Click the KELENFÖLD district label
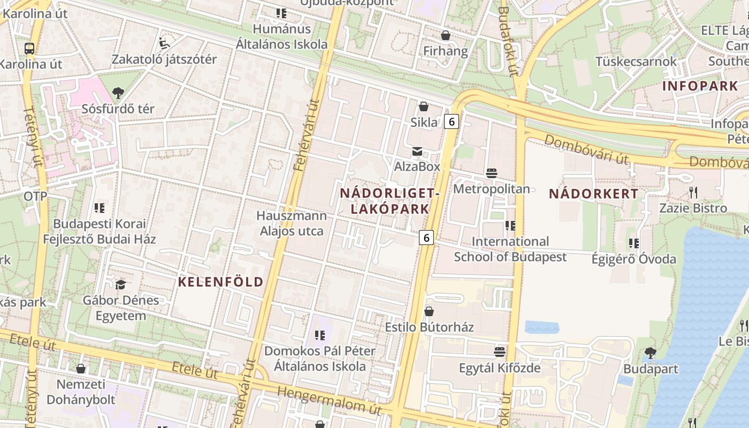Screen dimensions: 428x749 pyautogui.click(x=220, y=282)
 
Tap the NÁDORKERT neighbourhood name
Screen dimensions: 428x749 pyautogui.click(x=593, y=194)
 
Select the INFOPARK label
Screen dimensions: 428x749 pyautogui.click(x=700, y=86)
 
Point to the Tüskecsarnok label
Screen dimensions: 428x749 pyautogui.click(x=636, y=62)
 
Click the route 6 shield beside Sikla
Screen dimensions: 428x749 pyautogui.click(x=452, y=121)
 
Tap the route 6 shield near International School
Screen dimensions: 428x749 pyautogui.click(x=426, y=237)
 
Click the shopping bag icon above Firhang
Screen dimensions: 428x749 pyautogui.click(x=445, y=36)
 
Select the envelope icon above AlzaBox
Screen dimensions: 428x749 pyautogui.click(x=417, y=152)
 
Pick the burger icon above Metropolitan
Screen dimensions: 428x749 pyautogui.click(x=491, y=173)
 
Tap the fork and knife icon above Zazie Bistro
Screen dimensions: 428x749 pyautogui.click(x=693, y=192)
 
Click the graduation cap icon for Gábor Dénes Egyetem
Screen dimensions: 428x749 pyautogui.click(x=120, y=285)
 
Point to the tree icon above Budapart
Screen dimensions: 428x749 pyautogui.click(x=650, y=353)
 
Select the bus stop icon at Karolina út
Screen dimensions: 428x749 pyautogui.click(x=29, y=49)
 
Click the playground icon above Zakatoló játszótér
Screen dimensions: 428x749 pyautogui.click(x=164, y=43)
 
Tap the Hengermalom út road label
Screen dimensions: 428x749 pyautogui.click(x=328, y=400)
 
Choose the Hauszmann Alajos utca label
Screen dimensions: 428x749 pyautogui.click(x=292, y=223)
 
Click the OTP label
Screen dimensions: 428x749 pyautogui.click(x=35, y=196)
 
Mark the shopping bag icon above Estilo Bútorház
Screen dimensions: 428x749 pyautogui.click(x=429, y=311)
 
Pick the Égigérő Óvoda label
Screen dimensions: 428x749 pyautogui.click(x=633, y=259)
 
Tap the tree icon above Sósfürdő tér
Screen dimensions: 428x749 pyautogui.click(x=118, y=93)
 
